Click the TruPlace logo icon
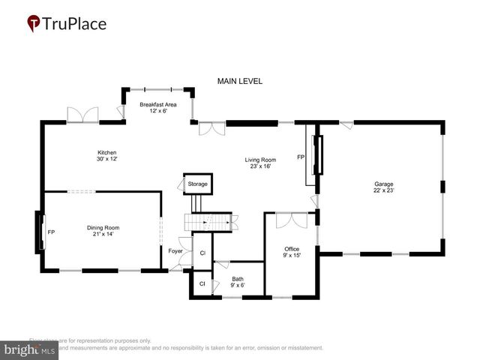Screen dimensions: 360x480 (x=34, y=24)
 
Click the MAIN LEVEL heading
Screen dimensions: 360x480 (x=239, y=81)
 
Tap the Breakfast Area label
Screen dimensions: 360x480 (x=157, y=107)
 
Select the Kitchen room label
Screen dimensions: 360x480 (x=107, y=155)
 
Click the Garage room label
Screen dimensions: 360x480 (x=384, y=187)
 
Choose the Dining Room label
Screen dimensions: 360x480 (x=103, y=231)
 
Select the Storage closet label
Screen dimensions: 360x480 (x=198, y=184)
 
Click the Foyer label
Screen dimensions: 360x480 (x=175, y=250)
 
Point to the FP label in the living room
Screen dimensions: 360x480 (x=301, y=157)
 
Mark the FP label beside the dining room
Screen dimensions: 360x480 (x=51, y=232)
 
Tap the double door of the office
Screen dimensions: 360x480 (x=291, y=220)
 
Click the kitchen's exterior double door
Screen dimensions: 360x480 (x=82, y=115)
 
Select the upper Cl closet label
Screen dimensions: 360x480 (x=202, y=255)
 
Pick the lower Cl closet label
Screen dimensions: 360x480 (x=202, y=283)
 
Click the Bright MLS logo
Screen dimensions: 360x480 (x=30, y=349)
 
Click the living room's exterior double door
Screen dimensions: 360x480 (x=211, y=130)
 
